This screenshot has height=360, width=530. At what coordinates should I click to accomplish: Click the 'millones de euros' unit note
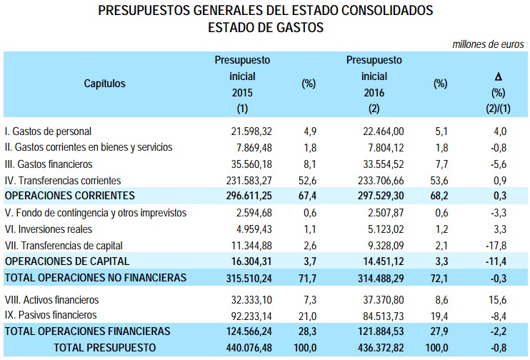490,44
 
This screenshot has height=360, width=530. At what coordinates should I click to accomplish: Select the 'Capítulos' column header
104,84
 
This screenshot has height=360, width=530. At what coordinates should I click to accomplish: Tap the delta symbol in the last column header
498,76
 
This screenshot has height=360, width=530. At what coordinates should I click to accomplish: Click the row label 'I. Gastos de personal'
48,131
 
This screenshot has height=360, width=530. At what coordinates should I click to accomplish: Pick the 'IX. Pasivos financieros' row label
51,315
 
